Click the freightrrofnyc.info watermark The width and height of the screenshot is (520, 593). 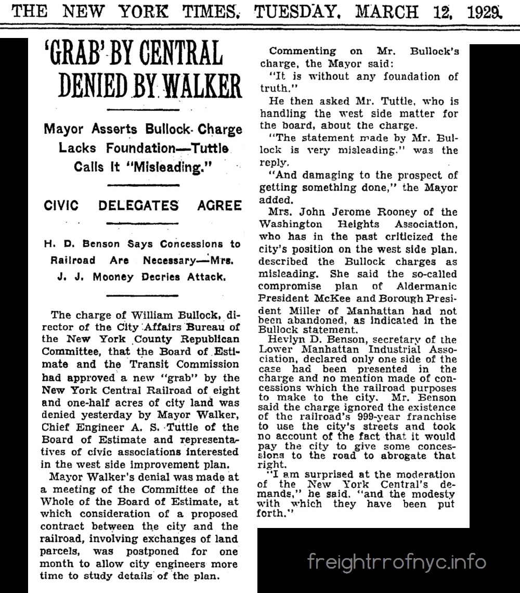(397, 562)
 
